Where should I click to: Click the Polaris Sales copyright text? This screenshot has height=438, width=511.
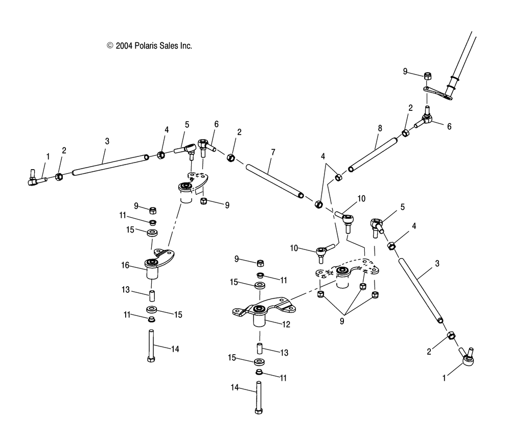(149, 45)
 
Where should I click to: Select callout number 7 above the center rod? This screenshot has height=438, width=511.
(273, 152)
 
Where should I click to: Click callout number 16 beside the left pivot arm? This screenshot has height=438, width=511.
(124, 266)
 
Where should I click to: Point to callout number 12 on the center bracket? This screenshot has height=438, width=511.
(286, 324)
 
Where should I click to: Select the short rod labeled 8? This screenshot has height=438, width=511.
(373, 154)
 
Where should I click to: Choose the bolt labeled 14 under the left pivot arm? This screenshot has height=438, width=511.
(151, 345)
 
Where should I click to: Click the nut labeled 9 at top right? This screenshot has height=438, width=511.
(427, 76)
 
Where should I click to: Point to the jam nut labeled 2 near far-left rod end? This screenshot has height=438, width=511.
(59, 177)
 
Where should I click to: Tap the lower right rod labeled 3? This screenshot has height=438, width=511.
(417, 289)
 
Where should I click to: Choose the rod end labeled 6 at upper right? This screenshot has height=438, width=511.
(426, 121)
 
